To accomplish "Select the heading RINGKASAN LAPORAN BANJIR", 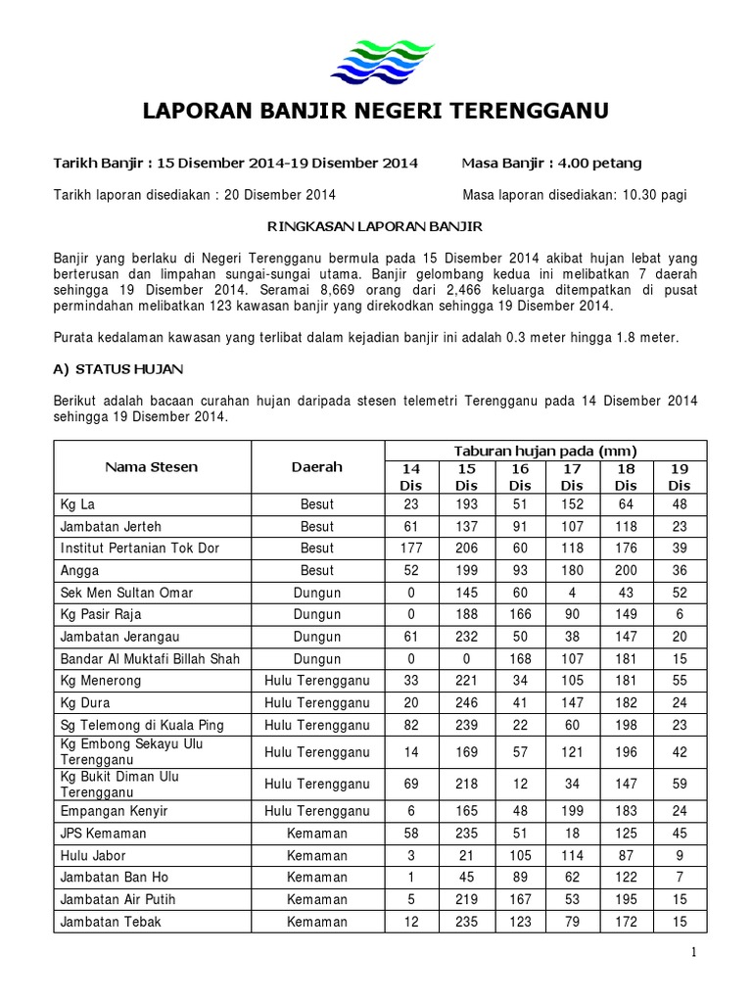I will pos(375,226).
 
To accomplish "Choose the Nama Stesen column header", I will pos(152,467).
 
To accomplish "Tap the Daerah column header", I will pos(317,467).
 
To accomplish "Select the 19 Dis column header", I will pos(678,477).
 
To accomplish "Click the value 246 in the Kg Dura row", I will pos(467,703).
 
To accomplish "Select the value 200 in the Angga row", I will pos(626,570).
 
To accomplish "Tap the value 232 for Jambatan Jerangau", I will pos(467,637).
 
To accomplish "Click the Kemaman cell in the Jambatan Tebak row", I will pos(317,922).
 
